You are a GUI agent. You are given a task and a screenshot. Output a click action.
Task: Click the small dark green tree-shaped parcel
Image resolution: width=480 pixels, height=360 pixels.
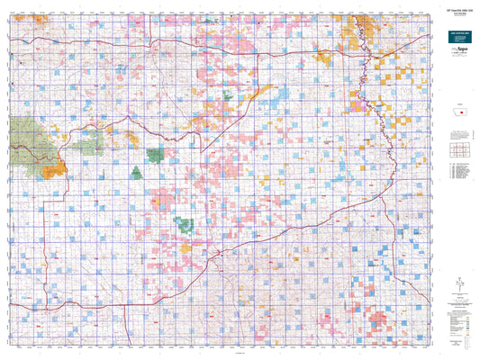coord(137,172)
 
